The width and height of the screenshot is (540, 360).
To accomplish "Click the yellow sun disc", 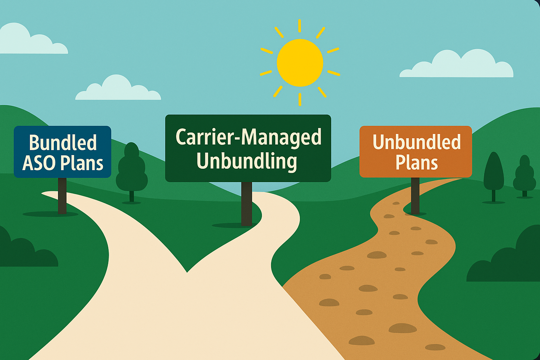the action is click(300, 63).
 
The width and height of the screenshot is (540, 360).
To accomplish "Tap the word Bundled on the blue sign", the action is click(63, 143).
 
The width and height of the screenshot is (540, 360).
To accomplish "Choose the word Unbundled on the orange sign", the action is click(416, 142).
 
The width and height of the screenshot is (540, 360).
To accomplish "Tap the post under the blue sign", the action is click(62, 195).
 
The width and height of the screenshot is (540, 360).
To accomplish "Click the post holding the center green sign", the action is click(246, 204).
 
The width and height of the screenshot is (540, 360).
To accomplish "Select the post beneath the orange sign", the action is click(415, 195).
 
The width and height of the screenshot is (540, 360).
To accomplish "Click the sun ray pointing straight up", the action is click(300, 26).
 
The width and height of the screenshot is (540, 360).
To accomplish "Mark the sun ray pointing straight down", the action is click(300, 99).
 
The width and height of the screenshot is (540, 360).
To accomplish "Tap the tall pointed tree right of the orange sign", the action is click(494, 177).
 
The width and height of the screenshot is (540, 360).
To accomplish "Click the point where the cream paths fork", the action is click(187, 272).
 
